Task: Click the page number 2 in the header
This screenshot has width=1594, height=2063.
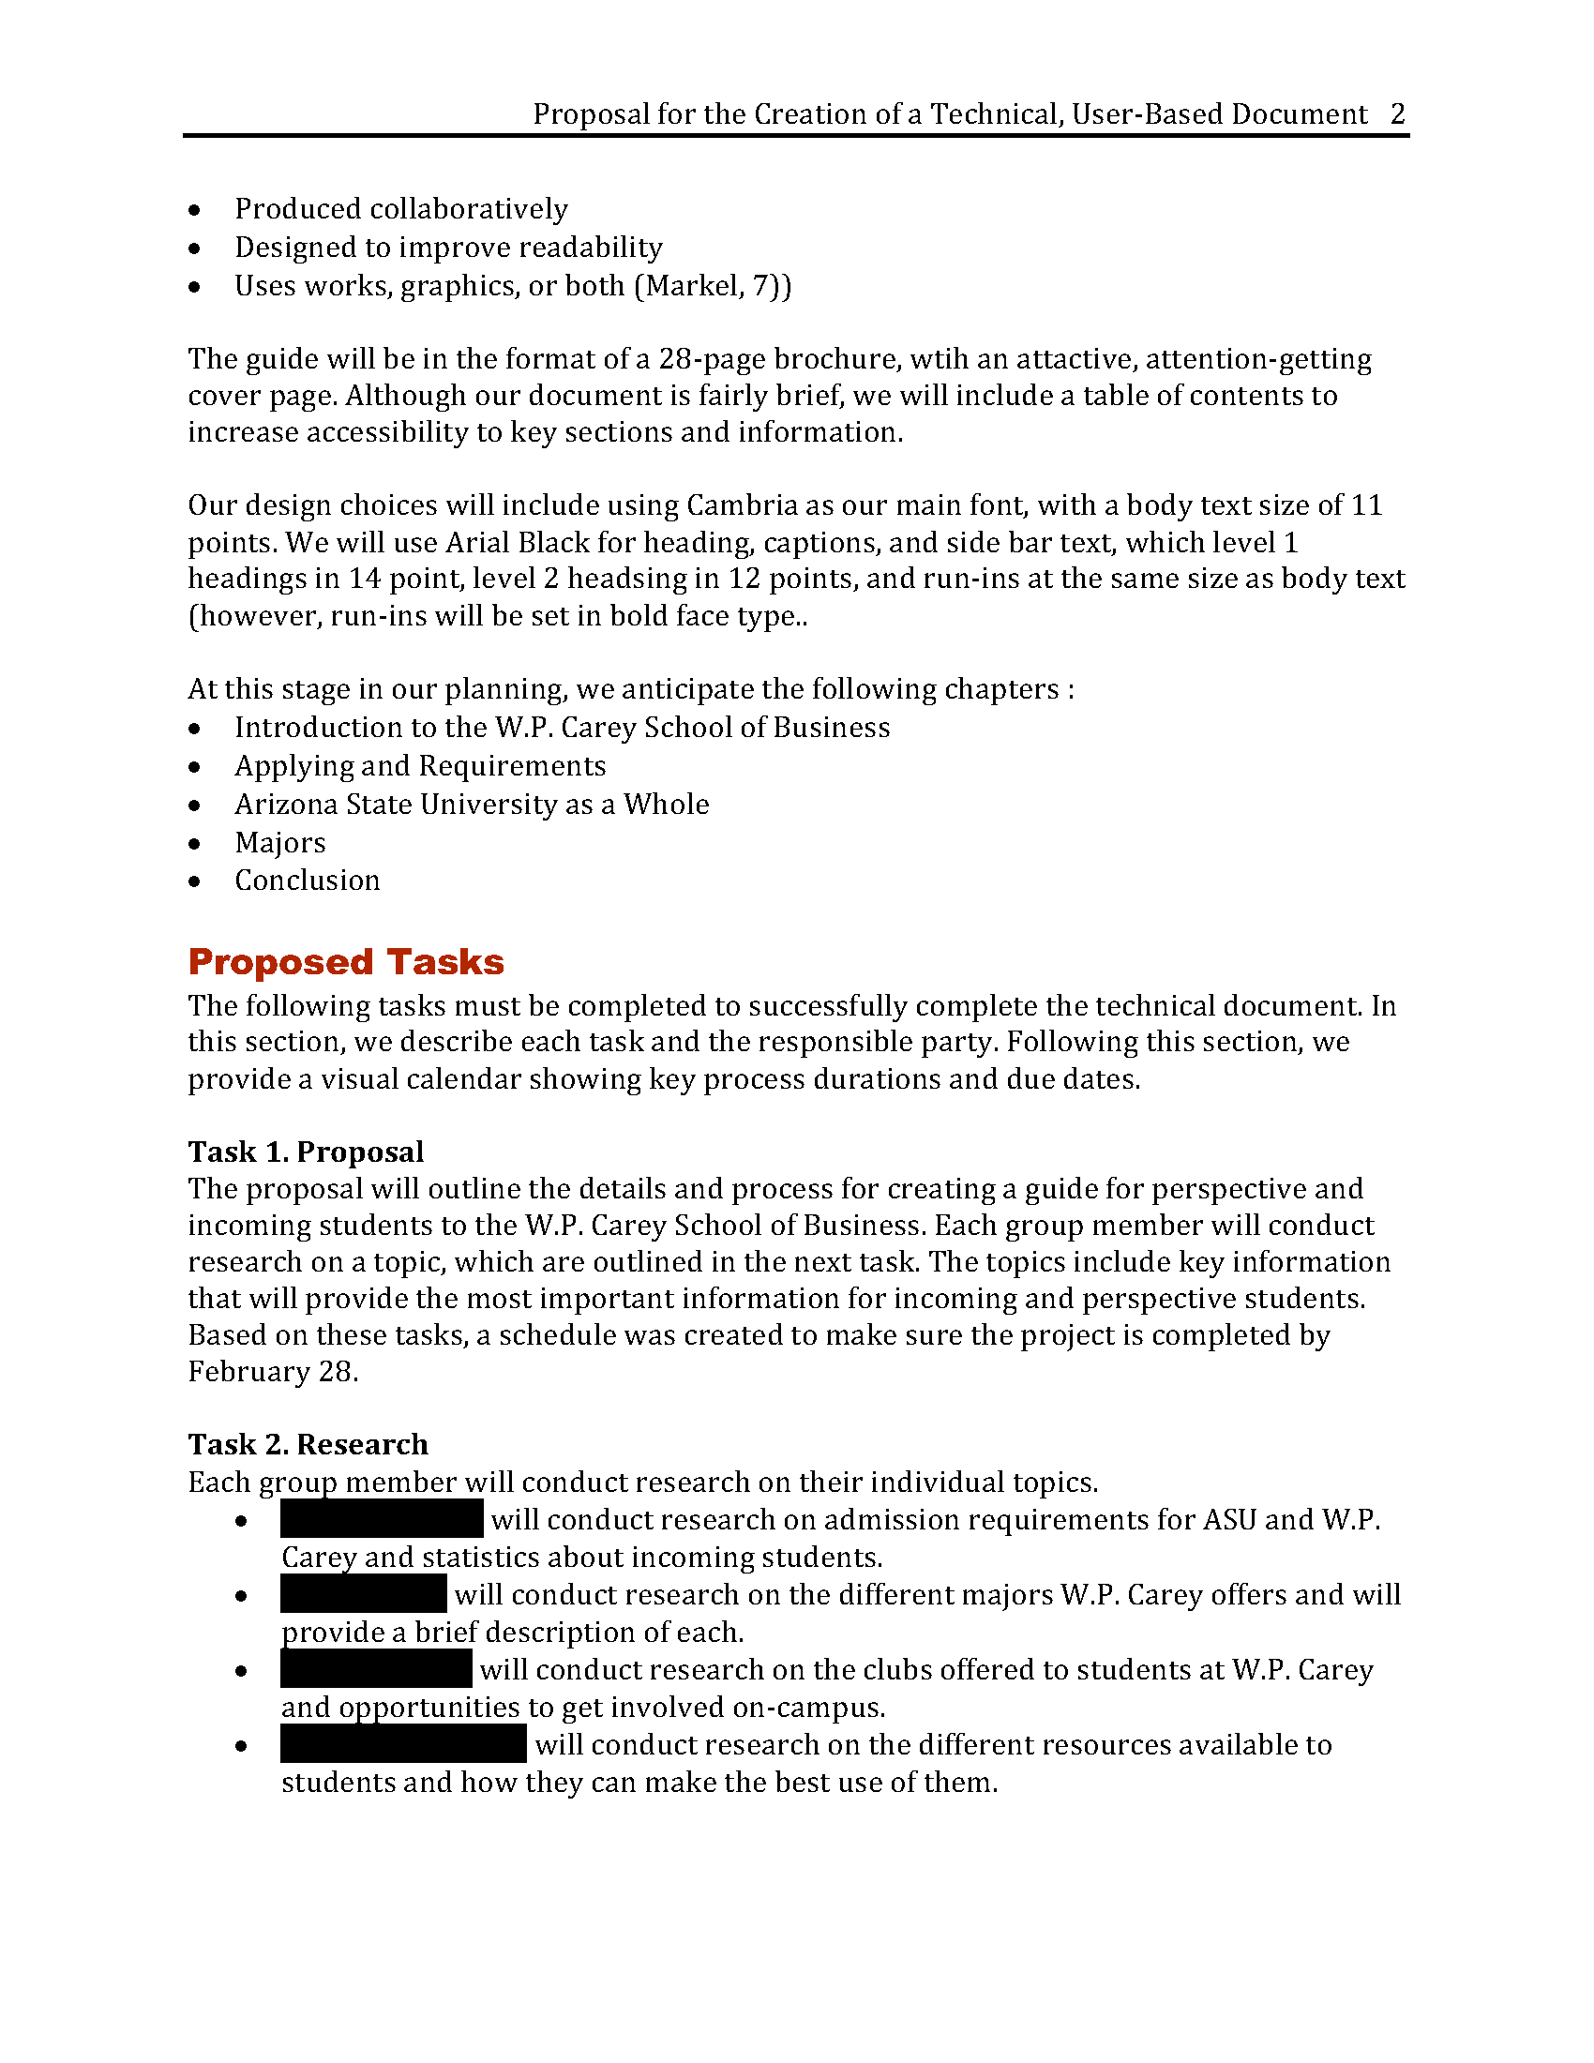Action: [1398, 114]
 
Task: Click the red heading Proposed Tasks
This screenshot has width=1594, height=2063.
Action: [346, 961]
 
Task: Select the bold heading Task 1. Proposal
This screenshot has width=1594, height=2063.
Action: [306, 1152]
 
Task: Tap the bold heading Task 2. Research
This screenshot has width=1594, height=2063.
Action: [308, 1444]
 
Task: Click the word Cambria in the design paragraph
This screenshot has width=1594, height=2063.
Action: [743, 505]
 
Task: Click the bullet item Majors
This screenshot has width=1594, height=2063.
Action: [280, 843]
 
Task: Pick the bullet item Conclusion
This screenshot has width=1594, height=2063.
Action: [307, 881]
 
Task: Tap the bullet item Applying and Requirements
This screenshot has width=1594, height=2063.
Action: [420, 766]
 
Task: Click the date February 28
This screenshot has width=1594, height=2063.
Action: [272, 1372]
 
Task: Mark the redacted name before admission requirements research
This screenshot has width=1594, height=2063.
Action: [383, 1519]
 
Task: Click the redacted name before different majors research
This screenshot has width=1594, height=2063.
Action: [364, 1594]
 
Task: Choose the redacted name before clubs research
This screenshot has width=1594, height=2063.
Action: [376, 1669]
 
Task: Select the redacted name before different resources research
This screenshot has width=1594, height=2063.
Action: [403, 1744]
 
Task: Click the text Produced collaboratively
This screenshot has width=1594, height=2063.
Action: [401, 209]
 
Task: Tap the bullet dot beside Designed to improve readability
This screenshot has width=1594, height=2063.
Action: [194, 248]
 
